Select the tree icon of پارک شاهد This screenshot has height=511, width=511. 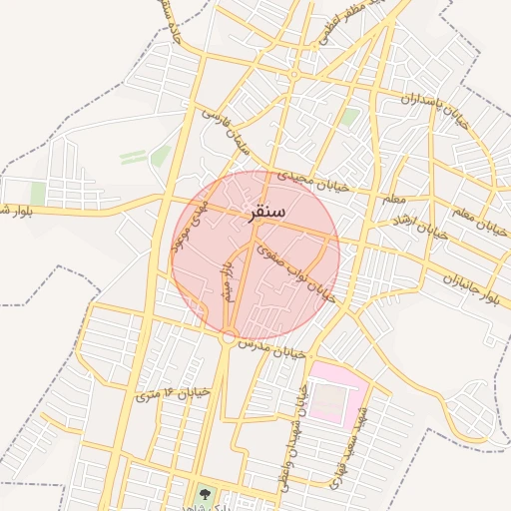point(205,492)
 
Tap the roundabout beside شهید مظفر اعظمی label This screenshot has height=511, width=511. point(293,75)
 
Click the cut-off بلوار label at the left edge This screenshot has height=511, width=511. point(18,210)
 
